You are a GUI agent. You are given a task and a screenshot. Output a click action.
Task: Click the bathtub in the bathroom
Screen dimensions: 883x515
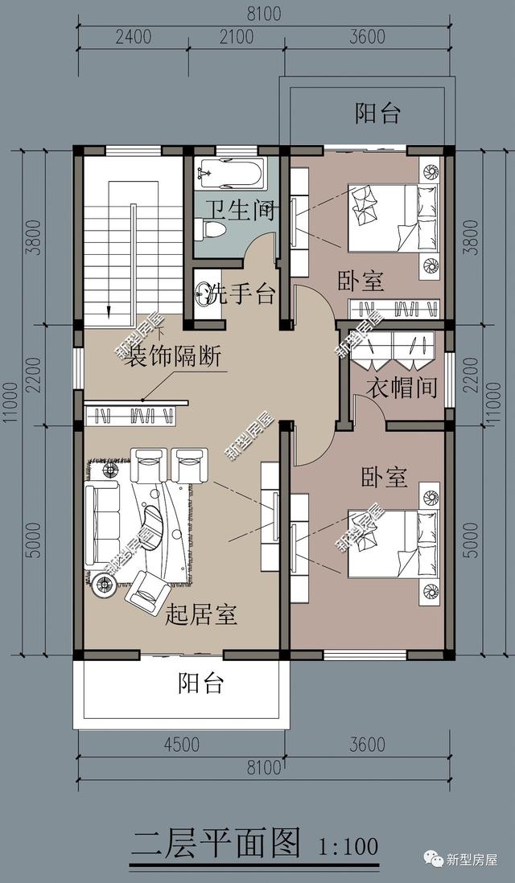coord(231,171)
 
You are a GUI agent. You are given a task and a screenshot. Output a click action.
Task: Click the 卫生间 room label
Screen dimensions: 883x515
coord(238,212)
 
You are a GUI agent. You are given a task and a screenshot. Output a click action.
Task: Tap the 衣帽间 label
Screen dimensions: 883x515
coord(403,388)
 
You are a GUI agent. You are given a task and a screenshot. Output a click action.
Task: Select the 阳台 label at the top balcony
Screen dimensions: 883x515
coord(377,113)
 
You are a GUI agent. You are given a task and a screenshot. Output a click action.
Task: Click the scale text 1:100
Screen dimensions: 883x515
coord(348,846)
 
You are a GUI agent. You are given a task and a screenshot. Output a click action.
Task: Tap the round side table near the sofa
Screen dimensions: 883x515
coord(103,587)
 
